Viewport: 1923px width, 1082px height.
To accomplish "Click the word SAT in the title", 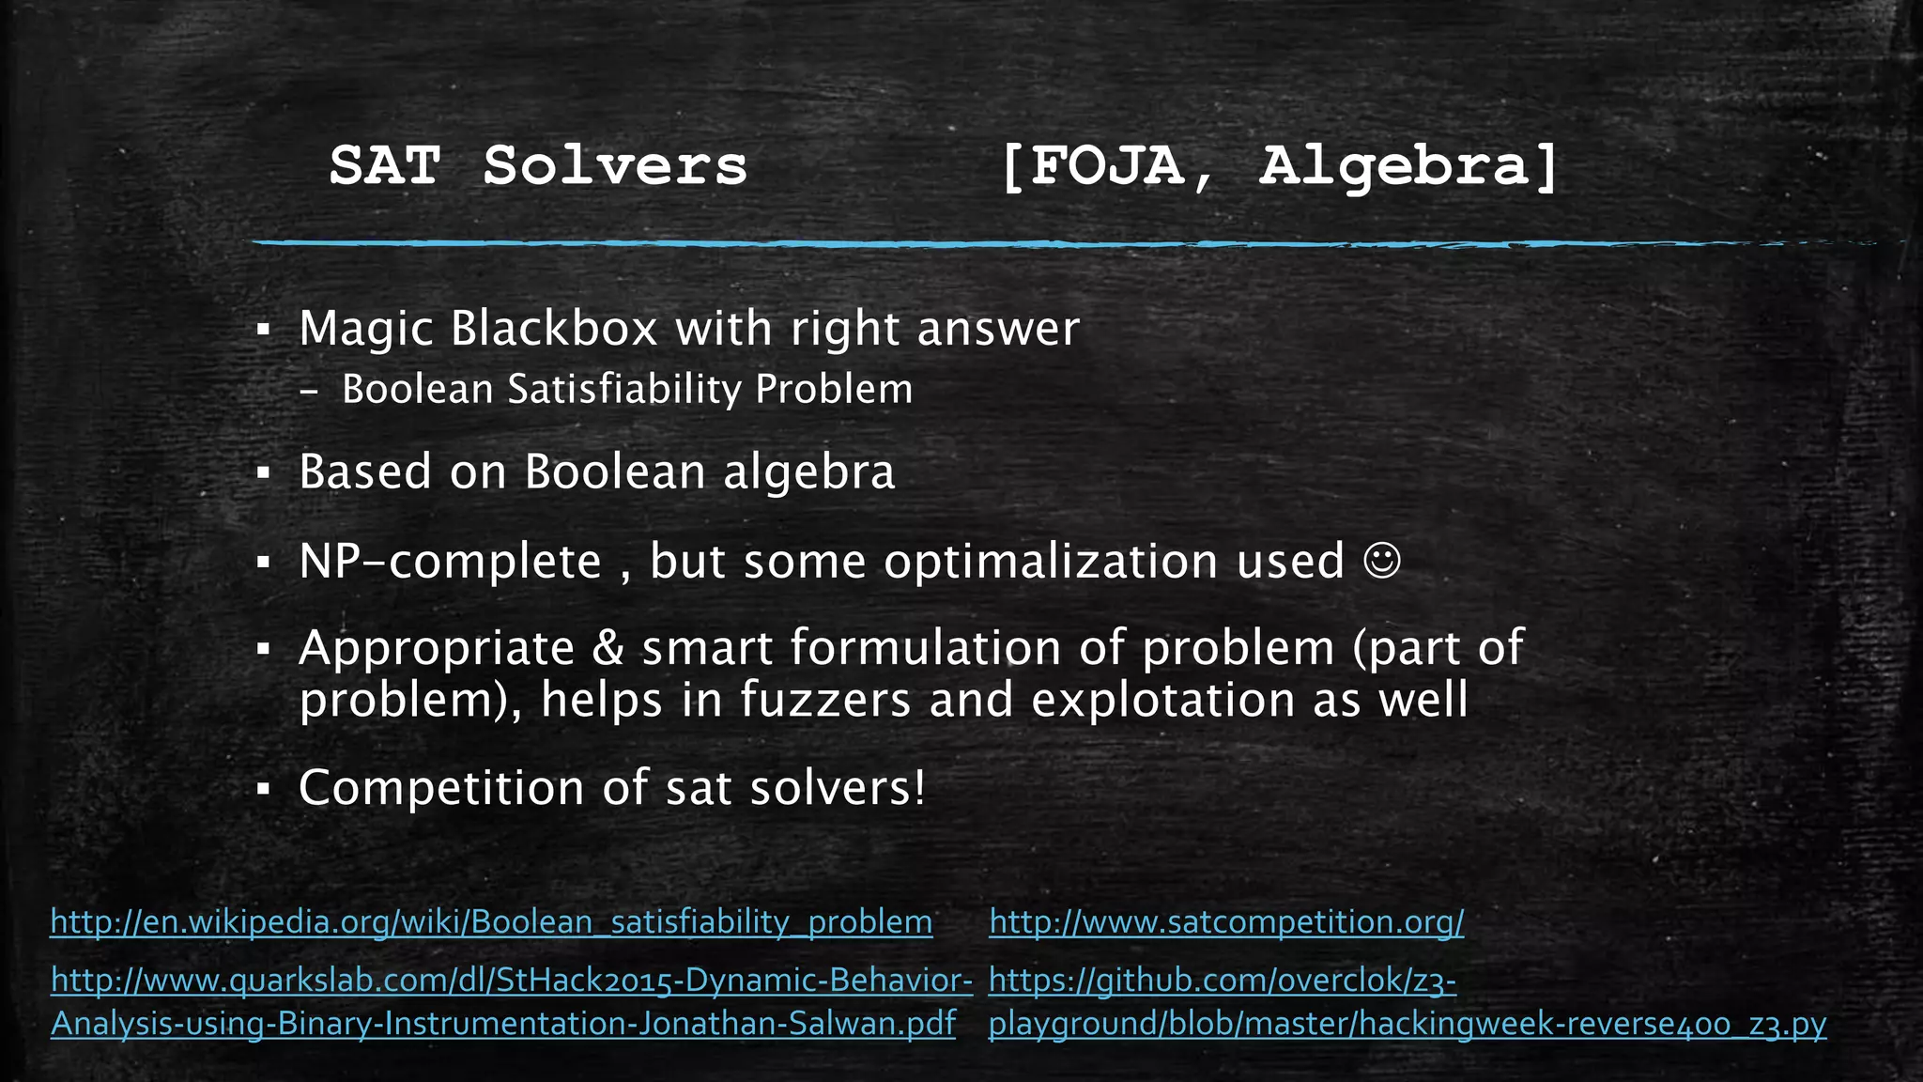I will click(x=385, y=166).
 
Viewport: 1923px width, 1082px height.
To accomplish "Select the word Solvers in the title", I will click(x=615, y=166).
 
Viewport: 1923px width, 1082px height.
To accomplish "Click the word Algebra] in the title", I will click(x=1408, y=166).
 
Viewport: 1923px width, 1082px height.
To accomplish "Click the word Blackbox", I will click(x=554, y=329).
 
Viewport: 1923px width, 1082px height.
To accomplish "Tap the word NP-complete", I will click(x=450, y=562).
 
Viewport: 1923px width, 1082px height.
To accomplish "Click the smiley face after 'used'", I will click(x=1381, y=561).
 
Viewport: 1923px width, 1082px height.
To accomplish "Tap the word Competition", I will click(x=441, y=787).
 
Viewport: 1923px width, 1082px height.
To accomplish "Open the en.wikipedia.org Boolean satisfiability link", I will click(x=491, y=921).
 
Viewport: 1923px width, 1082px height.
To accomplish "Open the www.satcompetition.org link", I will click(x=1226, y=921).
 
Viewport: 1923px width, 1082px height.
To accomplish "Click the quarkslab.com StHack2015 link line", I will click(x=512, y=981).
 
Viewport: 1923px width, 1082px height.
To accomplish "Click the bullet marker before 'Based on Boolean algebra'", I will click(x=264, y=472).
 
